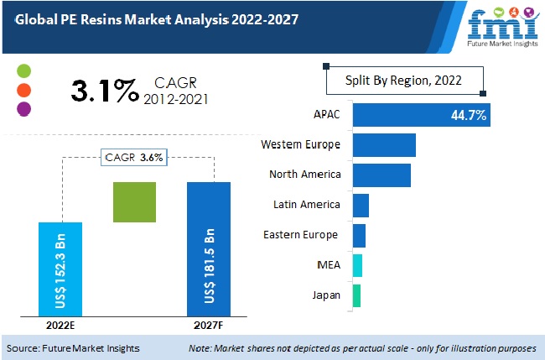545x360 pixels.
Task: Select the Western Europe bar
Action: pyautogui.click(x=384, y=145)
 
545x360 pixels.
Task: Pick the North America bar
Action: pyautogui.click(x=381, y=175)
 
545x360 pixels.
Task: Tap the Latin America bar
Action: pyautogui.click(x=361, y=205)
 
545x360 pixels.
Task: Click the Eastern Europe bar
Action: pyautogui.click(x=359, y=235)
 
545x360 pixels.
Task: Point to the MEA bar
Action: pyautogui.click(x=357, y=265)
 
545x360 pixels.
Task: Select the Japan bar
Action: pyautogui.click(x=356, y=295)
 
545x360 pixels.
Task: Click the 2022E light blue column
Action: pyautogui.click(x=60, y=269)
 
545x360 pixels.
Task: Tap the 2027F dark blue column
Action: pyautogui.click(x=208, y=249)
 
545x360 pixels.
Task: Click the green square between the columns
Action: pyautogui.click(x=135, y=202)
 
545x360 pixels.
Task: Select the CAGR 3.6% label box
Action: pyautogui.click(x=134, y=157)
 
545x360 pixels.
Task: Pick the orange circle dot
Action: pyautogui.click(x=24, y=90)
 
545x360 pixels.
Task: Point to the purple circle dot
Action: pyautogui.click(x=24, y=108)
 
